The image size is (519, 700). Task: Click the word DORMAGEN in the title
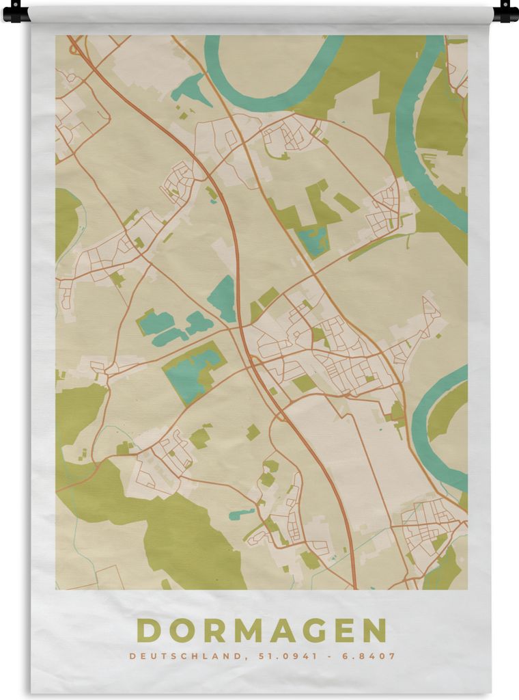(x=262, y=630)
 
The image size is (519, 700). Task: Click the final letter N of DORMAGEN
(x=376, y=630)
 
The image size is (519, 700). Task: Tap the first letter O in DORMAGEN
(x=180, y=630)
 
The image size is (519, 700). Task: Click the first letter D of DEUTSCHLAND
(x=132, y=656)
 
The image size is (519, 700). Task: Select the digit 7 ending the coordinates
(x=393, y=656)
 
